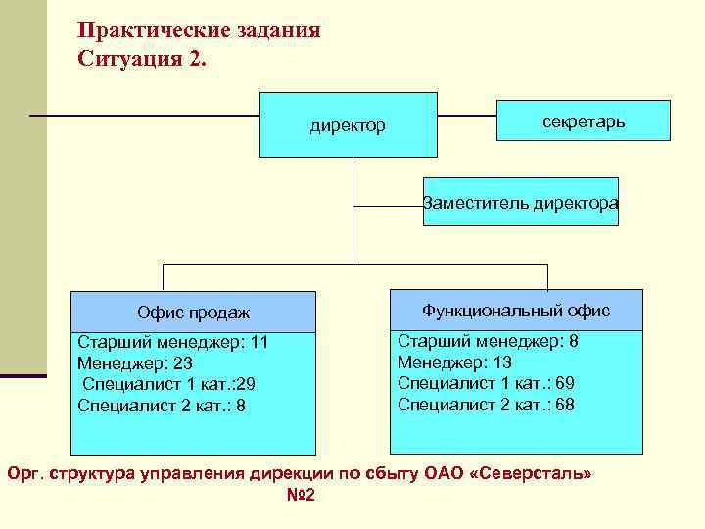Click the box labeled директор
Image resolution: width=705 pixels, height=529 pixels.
click(x=348, y=125)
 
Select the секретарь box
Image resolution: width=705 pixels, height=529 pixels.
click(x=584, y=120)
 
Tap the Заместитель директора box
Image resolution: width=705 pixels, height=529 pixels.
click(x=520, y=203)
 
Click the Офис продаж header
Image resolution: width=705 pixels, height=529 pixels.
click(x=193, y=313)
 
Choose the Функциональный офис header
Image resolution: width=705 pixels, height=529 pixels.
click(x=516, y=311)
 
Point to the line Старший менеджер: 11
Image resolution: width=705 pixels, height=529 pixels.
click(x=172, y=343)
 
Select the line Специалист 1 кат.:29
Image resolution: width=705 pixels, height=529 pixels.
click(x=168, y=383)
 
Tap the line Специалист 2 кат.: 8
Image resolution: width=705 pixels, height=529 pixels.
click(x=162, y=404)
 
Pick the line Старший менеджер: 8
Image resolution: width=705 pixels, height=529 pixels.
click(x=488, y=342)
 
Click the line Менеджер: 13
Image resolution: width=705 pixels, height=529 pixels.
click(x=455, y=361)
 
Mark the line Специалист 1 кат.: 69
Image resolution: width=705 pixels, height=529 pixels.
click(x=486, y=382)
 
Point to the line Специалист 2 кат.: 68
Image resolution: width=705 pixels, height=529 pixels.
click(x=486, y=403)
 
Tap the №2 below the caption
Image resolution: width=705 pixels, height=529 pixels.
click(x=301, y=495)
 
